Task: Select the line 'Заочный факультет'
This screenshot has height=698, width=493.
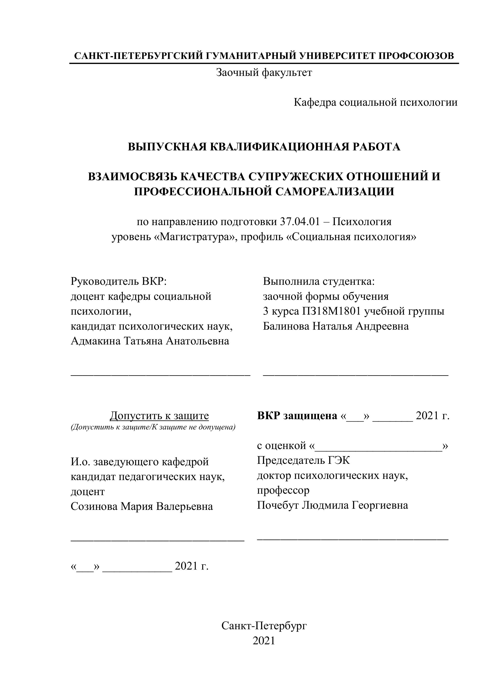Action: pyautogui.click(x=264, y=73)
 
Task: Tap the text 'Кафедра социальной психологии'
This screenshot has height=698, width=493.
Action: pyautogui.click(x=375, y=102)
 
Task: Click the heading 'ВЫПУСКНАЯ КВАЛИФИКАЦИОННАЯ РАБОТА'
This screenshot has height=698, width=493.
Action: pyautogui.click(x=264, y=147)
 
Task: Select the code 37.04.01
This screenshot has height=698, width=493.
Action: pyautogui.click(x=300, y=222)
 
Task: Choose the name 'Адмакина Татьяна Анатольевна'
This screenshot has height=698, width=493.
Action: pyautogui.click(x=150, y=341)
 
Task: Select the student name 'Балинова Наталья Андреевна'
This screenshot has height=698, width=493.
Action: pyautogui.click(x=336, y=326)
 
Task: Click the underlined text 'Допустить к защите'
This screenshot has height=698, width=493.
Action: pyautogui.click(x=159, y=416)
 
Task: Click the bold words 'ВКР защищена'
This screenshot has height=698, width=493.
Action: pyautogui.click(x=297, y=416)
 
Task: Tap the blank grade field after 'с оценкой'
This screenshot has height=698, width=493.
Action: pyautogui.click(x=378, y=446)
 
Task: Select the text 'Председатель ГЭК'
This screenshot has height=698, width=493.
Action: pyautogui.click(x=303, y=460)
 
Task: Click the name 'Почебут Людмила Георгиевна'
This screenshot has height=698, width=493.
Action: pyautogui.click(x=332, y=505)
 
